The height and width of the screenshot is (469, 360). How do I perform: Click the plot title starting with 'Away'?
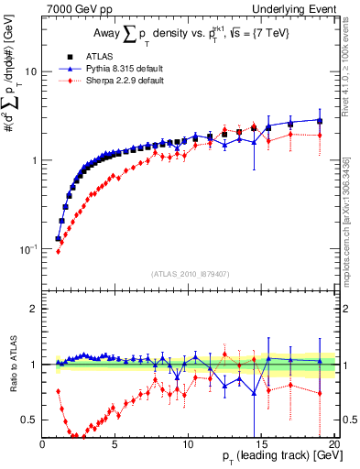189,35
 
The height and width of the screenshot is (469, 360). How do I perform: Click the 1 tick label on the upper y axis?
34,160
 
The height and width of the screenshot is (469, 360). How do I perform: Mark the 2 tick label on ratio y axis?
34,309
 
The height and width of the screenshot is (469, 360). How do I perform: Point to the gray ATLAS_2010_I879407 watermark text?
189,272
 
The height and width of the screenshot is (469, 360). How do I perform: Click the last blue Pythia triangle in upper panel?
320,120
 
